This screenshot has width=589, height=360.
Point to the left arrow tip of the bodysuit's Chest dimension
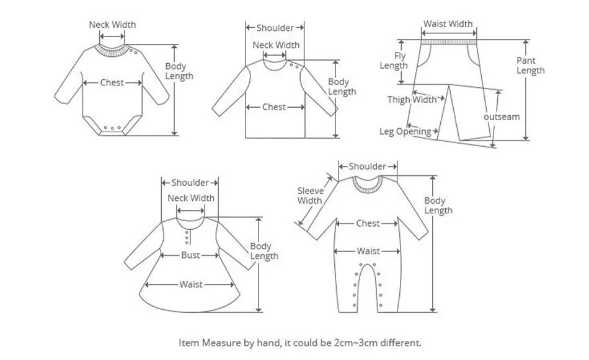(x=84, y=82)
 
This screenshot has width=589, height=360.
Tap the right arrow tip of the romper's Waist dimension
(x=399, y=251)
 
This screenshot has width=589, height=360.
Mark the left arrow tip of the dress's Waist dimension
(x=145, y=284)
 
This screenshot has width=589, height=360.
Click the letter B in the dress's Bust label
(x=184, y=255)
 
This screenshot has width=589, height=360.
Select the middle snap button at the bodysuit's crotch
(x=112, y=128)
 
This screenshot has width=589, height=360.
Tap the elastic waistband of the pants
(x=449, y=42)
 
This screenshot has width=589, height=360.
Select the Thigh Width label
(x=412, y=100)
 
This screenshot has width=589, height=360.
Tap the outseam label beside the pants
(x=502, y=116)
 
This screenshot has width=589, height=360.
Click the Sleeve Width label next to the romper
(x=310, y=196)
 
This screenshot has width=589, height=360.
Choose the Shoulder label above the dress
(x=190, y=183)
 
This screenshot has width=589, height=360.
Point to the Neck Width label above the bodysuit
(x=112, y=25)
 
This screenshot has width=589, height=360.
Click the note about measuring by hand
(x=299, y=343)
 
